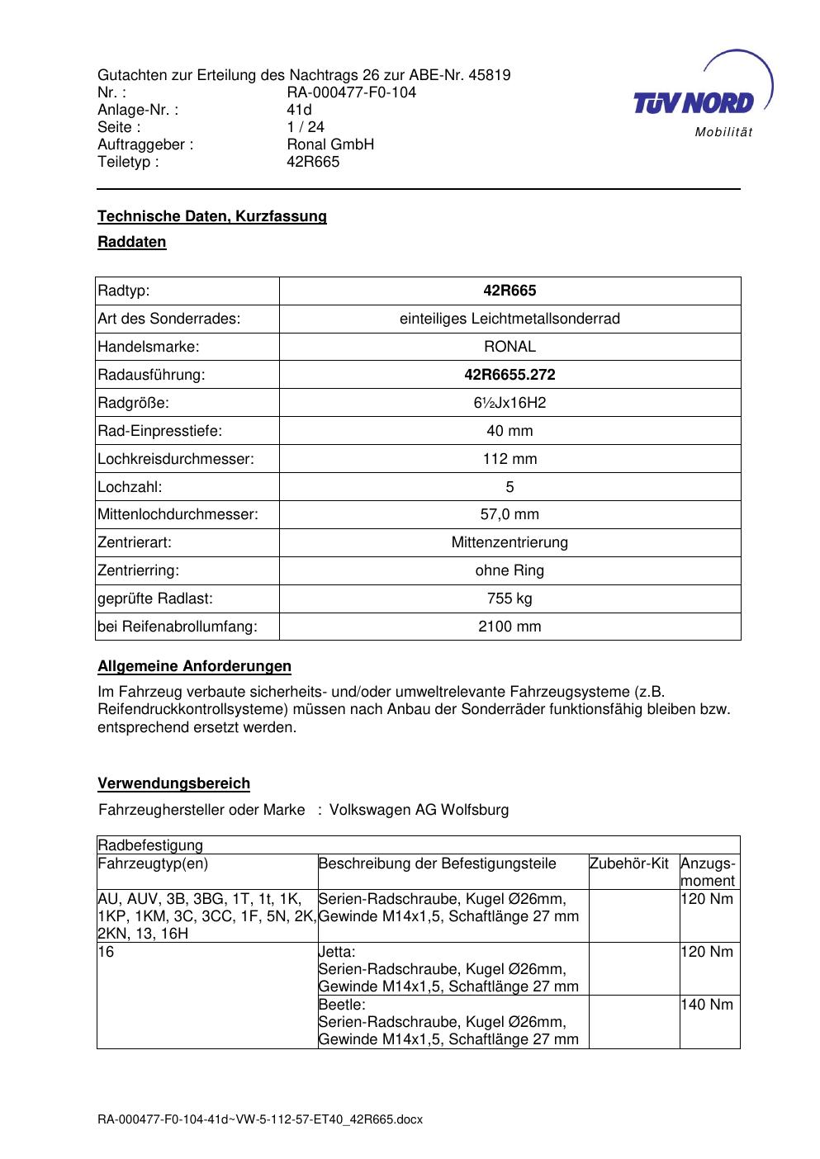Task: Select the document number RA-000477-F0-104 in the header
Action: coord(351,92)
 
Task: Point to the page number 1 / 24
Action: coord(306,127)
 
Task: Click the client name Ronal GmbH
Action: coord(330,144)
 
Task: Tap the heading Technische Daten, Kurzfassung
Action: coord(212,216)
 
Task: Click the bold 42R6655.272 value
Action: coord(510,375)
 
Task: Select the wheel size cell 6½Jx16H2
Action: coord(510,403)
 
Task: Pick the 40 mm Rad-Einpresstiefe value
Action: coord(510,431)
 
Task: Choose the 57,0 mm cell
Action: coord(510,514)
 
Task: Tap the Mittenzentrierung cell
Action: coord(510,542)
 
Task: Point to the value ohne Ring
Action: coord(510,570)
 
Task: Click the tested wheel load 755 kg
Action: coord(510,598)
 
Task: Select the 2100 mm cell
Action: coord(510,627)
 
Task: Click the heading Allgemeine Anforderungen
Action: coord(194,666)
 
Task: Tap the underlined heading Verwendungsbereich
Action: coord(173,783)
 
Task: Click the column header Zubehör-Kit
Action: coord(629,863)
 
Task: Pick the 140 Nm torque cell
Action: coord(708,1005)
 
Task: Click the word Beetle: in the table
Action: coord(342,1005)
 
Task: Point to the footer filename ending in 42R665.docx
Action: coord(260,1119)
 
